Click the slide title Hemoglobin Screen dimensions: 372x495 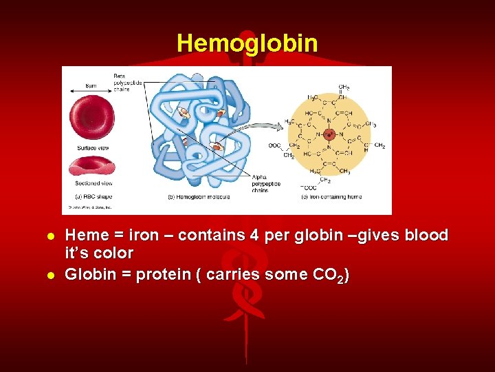(247, 43)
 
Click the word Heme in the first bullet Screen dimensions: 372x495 (85, 236)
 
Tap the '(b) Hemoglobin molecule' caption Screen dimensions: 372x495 (199, 197)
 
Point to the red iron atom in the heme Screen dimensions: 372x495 (328, 134)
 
